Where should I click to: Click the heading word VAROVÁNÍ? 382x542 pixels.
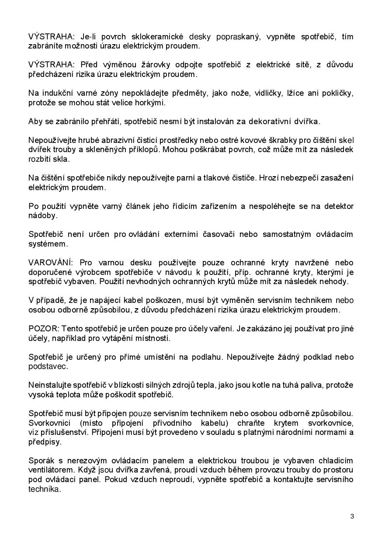pos(51,263)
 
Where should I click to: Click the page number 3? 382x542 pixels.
pos(352,516)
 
